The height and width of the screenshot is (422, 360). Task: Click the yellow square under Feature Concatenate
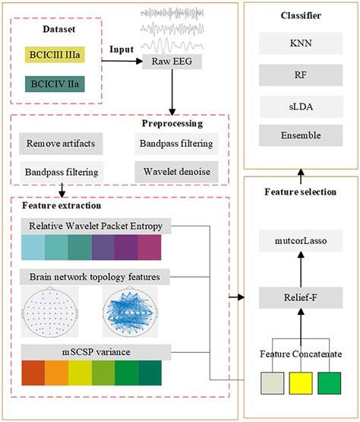tap(299, 383)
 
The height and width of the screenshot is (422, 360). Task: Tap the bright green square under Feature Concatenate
tap(331, 383)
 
